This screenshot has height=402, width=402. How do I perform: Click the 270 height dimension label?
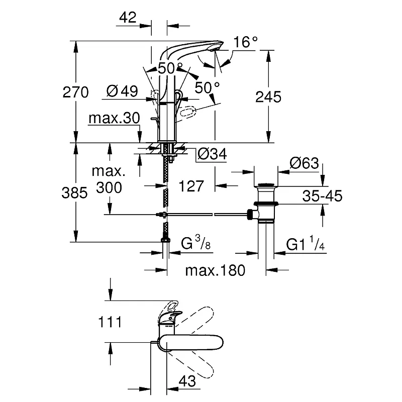point(76,92)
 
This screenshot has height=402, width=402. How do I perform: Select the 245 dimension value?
point(268,97)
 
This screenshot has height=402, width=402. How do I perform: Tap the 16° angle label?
point(245,42)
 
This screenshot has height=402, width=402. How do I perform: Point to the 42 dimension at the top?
point(128,18)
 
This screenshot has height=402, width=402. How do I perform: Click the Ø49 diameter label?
point(122,91)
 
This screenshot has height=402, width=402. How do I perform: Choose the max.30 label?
point(115,118)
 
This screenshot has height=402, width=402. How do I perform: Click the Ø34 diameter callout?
point(212,154)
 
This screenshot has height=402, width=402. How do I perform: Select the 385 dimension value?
point(74,192)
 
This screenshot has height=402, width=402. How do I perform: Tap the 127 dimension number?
point(191,186)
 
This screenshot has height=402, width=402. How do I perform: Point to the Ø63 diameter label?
point(305,163)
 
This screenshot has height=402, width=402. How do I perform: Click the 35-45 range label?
point(322,196)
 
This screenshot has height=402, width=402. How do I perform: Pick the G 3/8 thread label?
point(195,243)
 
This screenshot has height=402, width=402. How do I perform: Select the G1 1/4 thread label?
point(306,244)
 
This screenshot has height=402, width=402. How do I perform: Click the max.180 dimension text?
point(215,270)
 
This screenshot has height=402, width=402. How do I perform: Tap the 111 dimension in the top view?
point(110,322)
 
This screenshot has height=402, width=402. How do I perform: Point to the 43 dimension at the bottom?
point(187,381)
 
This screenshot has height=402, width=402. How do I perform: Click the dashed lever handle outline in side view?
point(186,112)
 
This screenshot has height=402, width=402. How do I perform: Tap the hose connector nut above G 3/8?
point(165,240)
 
